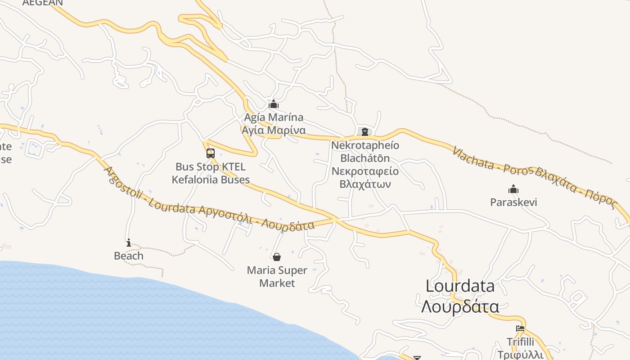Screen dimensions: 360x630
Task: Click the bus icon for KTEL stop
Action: [211, 153]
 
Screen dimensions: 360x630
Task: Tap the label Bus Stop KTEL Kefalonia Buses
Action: [211, 173]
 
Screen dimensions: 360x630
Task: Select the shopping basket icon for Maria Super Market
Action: [277, 257]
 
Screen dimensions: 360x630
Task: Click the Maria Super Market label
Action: [277, 277]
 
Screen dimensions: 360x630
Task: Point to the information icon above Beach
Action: [129, 243]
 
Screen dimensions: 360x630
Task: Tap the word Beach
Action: [129, 256]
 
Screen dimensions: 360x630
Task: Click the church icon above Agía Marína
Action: [274, 104]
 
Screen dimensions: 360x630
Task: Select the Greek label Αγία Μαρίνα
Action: [274, 130]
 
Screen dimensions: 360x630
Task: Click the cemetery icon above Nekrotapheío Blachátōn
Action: [365, 132]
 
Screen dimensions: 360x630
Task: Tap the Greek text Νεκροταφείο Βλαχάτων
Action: [365, 178]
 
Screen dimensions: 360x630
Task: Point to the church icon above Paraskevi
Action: [513, 189]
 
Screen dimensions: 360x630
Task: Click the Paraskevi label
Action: [513, 202]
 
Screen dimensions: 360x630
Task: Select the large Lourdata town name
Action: [460, 286]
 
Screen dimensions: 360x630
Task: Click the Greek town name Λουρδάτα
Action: [460, 307]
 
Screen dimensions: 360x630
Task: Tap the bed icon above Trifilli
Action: [520, 328]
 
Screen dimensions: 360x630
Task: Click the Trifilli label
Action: [520, 342]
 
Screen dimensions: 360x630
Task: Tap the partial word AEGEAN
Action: [43, 3]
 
